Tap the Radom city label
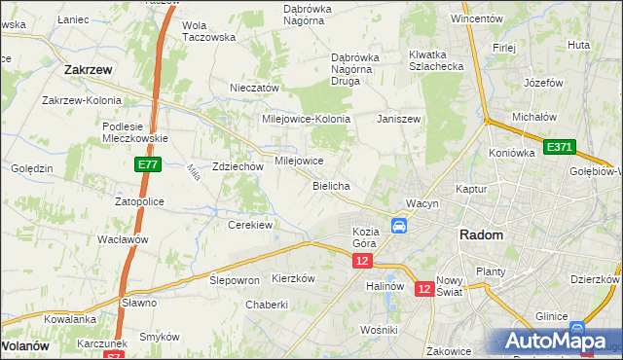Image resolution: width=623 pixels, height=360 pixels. [481, 235]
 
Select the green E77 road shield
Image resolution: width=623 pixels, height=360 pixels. [147, 166]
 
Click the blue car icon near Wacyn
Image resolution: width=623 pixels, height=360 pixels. [399, 226]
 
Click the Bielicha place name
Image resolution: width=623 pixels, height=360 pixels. [331, 185]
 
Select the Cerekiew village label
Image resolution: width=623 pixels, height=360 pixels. [249, 225]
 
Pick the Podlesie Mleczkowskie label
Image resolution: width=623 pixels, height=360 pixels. [135, 132]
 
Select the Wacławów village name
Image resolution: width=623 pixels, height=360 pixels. [122, 239]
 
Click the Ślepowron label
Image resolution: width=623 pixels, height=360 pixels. [235, 279]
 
